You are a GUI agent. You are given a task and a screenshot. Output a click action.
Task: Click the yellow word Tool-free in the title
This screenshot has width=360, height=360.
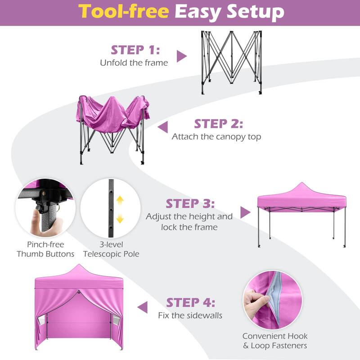124,12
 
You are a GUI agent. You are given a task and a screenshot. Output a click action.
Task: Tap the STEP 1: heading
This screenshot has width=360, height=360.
135,49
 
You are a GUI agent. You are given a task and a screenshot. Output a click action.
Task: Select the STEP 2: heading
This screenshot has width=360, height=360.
218,123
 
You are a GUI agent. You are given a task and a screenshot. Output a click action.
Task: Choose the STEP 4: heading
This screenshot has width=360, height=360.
190,302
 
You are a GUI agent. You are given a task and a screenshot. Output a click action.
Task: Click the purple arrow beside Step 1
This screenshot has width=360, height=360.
181,56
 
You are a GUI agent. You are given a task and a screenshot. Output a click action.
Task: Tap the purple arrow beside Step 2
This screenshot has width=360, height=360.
162,127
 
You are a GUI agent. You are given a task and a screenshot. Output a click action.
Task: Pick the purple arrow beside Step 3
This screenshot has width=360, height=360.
245,212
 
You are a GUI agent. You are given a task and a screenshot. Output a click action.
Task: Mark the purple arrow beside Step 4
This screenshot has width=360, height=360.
143,307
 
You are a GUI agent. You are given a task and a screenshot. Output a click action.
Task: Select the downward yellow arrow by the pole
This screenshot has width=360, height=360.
120,219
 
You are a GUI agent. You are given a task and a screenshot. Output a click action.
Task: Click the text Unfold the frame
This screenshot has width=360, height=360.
134,63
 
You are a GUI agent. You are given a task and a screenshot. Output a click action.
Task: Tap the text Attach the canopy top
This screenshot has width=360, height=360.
216,137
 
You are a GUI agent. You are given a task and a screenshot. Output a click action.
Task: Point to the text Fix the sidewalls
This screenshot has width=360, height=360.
190,315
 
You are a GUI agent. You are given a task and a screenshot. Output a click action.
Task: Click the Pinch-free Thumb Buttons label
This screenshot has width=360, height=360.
45,249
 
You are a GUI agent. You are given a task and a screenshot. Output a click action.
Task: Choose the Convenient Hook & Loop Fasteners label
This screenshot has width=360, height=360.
275,341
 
